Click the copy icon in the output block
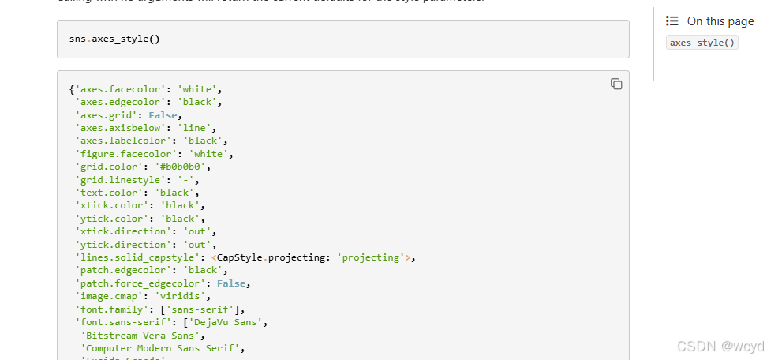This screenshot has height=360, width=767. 616,84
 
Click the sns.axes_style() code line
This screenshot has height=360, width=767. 115,39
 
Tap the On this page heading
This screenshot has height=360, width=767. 720,21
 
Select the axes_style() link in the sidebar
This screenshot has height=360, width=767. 702,43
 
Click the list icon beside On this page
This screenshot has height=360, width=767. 672,21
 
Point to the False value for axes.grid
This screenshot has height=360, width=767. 163,115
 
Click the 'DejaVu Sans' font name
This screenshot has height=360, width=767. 236,322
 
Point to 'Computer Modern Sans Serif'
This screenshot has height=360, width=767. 163,347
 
